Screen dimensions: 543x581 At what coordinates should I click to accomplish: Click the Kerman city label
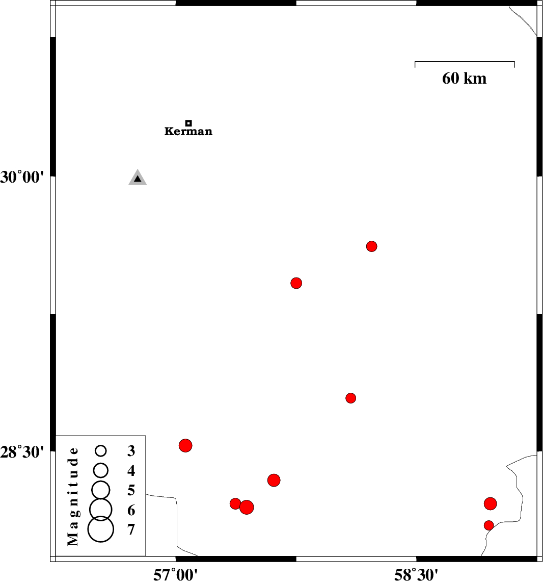(x=188, y=131)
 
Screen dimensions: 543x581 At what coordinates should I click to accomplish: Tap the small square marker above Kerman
(x=188, y=123)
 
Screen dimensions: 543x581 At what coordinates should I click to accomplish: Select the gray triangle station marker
(x=138, y=178)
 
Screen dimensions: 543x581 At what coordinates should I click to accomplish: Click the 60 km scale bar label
(x=464, y=78)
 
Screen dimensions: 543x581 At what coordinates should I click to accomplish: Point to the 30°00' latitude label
(x=22, y=178)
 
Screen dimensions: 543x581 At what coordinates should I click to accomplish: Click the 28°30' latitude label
(x=22, y=452)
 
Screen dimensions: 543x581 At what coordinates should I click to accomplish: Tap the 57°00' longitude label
(x=175, y=574)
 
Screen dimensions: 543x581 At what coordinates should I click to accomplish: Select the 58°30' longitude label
(x=416, y=574)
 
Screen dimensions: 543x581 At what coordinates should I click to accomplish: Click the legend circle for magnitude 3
(x=101, y=450)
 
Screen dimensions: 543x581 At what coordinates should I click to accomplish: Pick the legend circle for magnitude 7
(x=101, y=529)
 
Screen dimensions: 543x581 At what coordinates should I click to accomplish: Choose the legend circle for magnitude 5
(x=101, y=490)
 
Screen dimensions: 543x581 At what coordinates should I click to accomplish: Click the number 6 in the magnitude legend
(x=131, y=511)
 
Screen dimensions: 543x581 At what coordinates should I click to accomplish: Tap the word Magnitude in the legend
(x=73, y=496)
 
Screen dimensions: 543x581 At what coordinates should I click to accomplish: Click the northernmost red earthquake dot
(x=372, y=246)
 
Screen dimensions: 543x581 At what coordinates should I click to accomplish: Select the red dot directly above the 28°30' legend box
(x=185, y=445)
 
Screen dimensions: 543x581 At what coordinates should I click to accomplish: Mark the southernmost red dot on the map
(x=488, y=525)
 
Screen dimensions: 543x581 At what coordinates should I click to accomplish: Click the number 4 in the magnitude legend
(x=131, y=471)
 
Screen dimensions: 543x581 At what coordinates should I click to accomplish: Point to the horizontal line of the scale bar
(x=465, y=62)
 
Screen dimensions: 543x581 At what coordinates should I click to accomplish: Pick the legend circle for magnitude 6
(x=101, y=510)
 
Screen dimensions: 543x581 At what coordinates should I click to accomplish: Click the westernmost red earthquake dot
(x=185, y=445)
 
